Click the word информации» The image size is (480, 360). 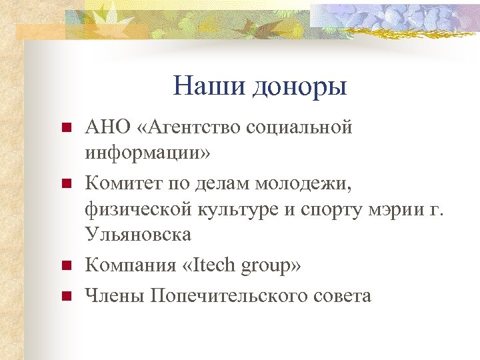tap(147, 152)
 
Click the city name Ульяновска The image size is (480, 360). tap(137, 235)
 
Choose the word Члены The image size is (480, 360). tap(114, 295)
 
